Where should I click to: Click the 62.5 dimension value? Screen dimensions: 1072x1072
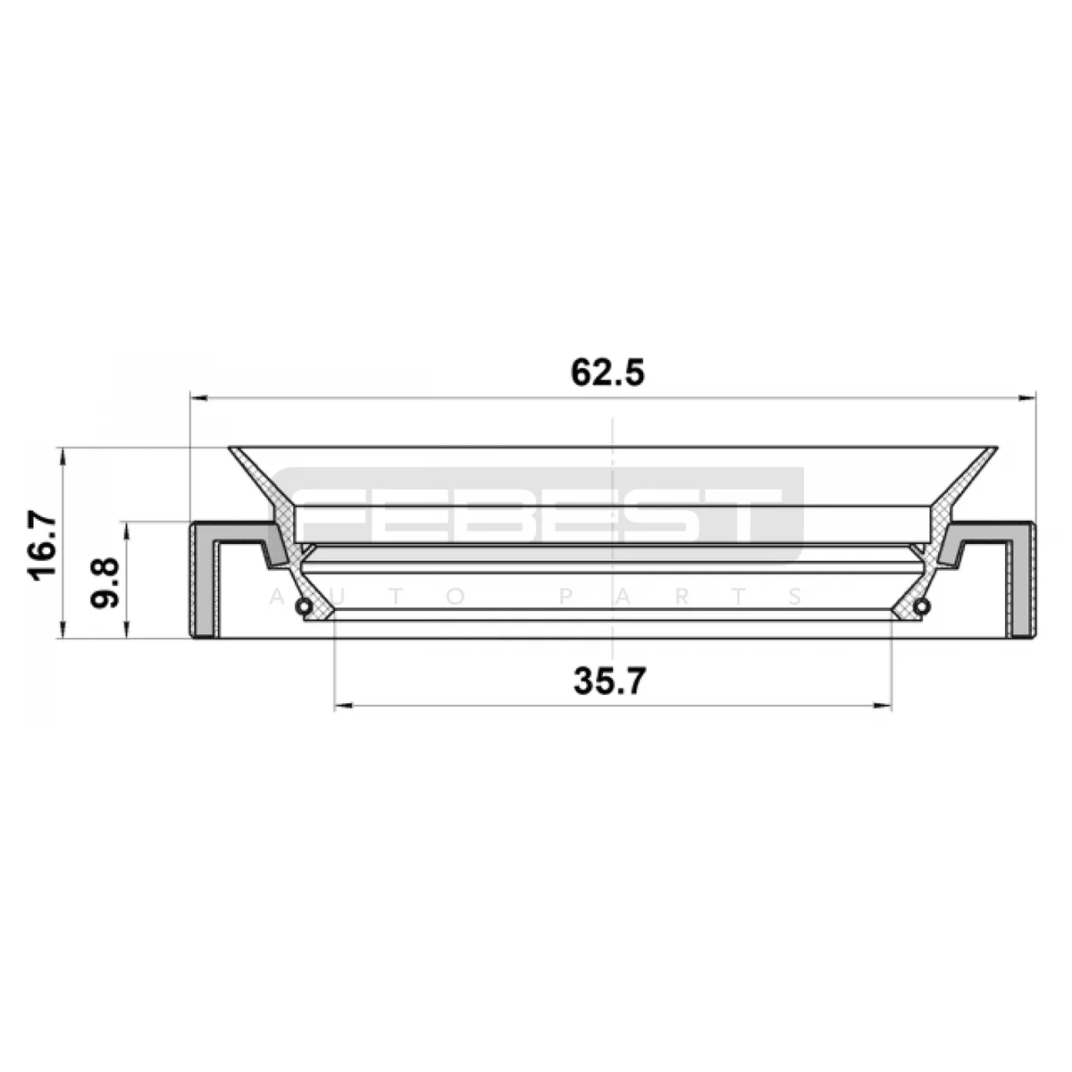pyautogui.click(x=607, y=373)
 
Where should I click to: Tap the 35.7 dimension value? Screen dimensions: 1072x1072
pyautogui.click(x=610, y=682)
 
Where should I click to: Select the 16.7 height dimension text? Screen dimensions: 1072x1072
pyautogui.click(x=42, y=548)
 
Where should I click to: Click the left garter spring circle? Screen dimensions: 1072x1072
pyautogui.click(x=303, y=607)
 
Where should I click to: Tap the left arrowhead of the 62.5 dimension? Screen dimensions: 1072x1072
pyautogui.click(x=198, y=398)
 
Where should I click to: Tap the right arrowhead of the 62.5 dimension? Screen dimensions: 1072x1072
pyautogui.click(x=1027, y=398)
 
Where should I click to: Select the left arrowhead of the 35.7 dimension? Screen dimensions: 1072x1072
pyautogui.click(x=343, y=707)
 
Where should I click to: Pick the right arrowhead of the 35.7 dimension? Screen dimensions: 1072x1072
pyautogui.click(x=883, y=707)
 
